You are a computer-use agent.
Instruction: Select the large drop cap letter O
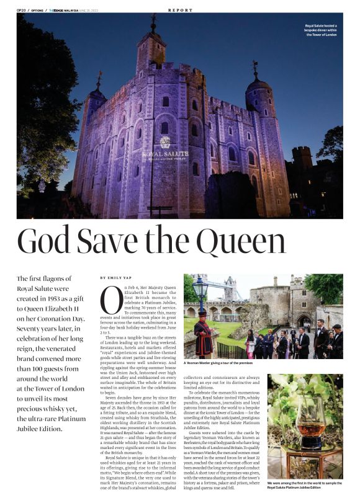coord(111,301)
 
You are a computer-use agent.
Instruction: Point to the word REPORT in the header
coord(180,10)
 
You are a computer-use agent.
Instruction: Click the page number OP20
coord(21,10)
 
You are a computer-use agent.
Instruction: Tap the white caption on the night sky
coord(320,30)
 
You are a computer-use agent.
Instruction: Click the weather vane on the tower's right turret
coord(254,68)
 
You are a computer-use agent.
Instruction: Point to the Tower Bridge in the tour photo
coord(230,288)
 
